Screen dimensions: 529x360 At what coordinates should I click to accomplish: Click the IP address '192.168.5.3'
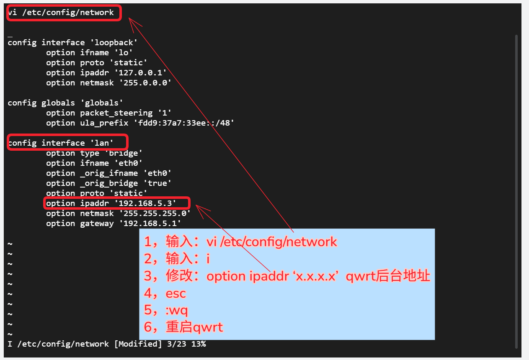145,203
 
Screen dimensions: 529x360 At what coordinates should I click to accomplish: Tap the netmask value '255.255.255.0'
155,213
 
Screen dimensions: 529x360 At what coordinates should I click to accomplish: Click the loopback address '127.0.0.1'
140,73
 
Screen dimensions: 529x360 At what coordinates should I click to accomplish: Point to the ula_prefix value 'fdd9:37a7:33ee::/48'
184,123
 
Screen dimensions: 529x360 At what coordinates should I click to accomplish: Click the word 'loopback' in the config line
114,43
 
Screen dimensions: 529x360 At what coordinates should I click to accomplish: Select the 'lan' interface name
101,143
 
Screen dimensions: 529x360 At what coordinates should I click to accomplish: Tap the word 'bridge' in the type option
124,153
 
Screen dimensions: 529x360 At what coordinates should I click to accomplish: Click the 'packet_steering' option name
116,113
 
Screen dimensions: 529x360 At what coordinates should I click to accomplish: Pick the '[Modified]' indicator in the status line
138,344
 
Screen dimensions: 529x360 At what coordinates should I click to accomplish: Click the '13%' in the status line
199,344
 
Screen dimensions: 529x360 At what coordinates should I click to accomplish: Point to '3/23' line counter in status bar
176,344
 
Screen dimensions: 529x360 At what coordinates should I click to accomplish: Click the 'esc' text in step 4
175,293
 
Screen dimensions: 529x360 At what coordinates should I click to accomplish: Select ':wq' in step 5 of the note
177,310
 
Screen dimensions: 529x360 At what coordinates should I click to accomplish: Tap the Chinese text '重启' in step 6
179,327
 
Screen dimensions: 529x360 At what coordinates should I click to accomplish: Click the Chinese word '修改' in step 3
179,275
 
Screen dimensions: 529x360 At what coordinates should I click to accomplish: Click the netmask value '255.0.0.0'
145,83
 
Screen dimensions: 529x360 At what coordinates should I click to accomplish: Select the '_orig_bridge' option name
109,183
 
